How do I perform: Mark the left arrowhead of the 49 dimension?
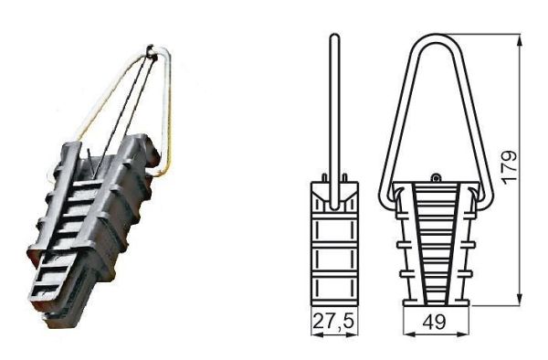406,334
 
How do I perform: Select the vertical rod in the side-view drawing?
335,110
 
